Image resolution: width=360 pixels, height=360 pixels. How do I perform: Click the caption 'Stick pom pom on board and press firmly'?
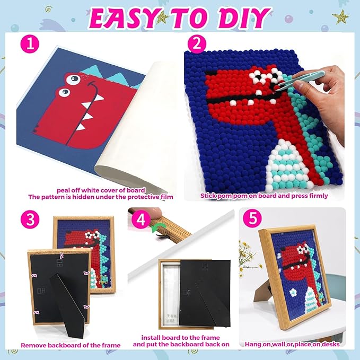(264, 196)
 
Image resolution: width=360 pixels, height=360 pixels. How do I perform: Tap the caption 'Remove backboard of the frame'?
(71, 345)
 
